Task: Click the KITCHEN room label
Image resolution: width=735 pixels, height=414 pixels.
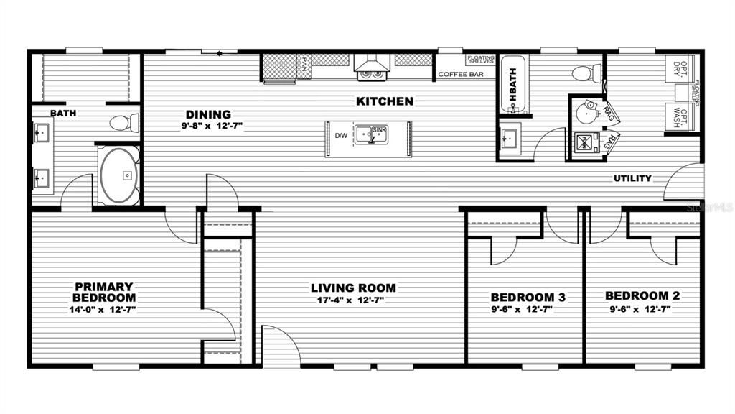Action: coord(384,101)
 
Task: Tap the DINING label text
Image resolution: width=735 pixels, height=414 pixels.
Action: coord(208,114)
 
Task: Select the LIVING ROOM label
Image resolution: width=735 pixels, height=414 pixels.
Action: coord(353,288)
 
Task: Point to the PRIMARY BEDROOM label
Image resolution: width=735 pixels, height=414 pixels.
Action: coord(104,292)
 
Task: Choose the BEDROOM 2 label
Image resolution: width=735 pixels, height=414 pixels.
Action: coord(642,295)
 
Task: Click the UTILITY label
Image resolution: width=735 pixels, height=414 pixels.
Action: coord(632,178)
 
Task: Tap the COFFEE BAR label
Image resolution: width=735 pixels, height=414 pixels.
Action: coord(460,74)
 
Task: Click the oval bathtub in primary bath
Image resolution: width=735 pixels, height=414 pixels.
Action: coord(118,175)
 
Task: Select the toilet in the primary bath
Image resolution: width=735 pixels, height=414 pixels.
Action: coord(126,121)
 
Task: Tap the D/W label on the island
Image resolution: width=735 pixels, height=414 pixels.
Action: coord(341,135)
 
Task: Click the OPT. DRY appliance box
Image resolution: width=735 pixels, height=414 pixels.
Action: coord(678,69)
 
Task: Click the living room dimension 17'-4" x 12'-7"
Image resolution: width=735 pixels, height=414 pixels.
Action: coord(353,300)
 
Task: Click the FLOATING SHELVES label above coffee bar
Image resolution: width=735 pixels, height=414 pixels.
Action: coord(479,60)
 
